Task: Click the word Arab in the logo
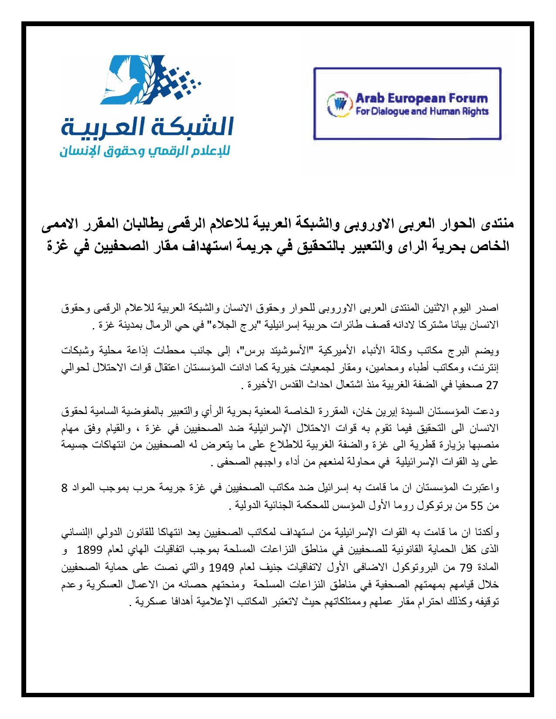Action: [369, 98]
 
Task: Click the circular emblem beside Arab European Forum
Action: [340, 104]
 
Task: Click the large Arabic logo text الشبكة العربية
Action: [147, 127]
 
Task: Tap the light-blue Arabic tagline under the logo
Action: [145, 152]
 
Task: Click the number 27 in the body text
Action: [492, 386]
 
